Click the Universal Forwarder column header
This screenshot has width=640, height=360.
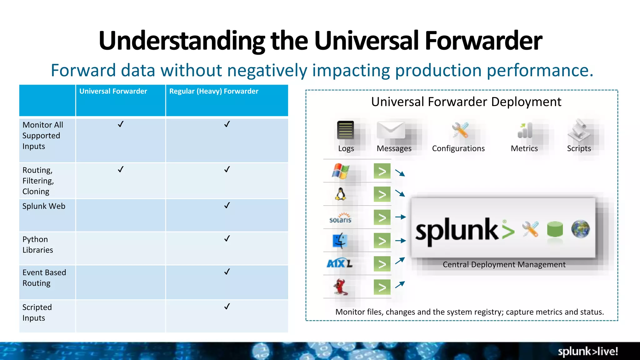coord(113,91)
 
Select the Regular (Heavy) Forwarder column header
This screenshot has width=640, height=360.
coord(214,91)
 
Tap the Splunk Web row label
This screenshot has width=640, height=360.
coord(44,206)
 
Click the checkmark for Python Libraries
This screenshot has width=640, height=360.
coord(227,239)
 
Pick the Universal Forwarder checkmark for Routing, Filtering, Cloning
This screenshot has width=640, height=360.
coord(121,169)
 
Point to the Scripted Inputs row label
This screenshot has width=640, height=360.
coord(37,312)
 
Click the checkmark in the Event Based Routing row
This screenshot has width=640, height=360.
coord(227,272)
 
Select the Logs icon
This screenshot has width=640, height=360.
coord(345,130)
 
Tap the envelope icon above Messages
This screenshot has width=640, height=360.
coord(391,130)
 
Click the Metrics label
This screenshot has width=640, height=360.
coord(524,148)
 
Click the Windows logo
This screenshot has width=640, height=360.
coord(340,171)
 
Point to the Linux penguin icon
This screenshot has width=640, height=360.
coord(340,194)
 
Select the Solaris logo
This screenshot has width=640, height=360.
coord(340,218)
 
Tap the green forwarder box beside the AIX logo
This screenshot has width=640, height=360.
coord(382,264)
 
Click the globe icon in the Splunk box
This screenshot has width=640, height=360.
coord(580,229)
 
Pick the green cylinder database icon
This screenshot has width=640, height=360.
coord(555,230)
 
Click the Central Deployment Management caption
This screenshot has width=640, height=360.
coord(504,265)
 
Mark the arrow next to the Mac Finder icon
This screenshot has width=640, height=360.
coord(400,241)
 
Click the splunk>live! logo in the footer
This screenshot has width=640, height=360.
coord(587,351)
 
